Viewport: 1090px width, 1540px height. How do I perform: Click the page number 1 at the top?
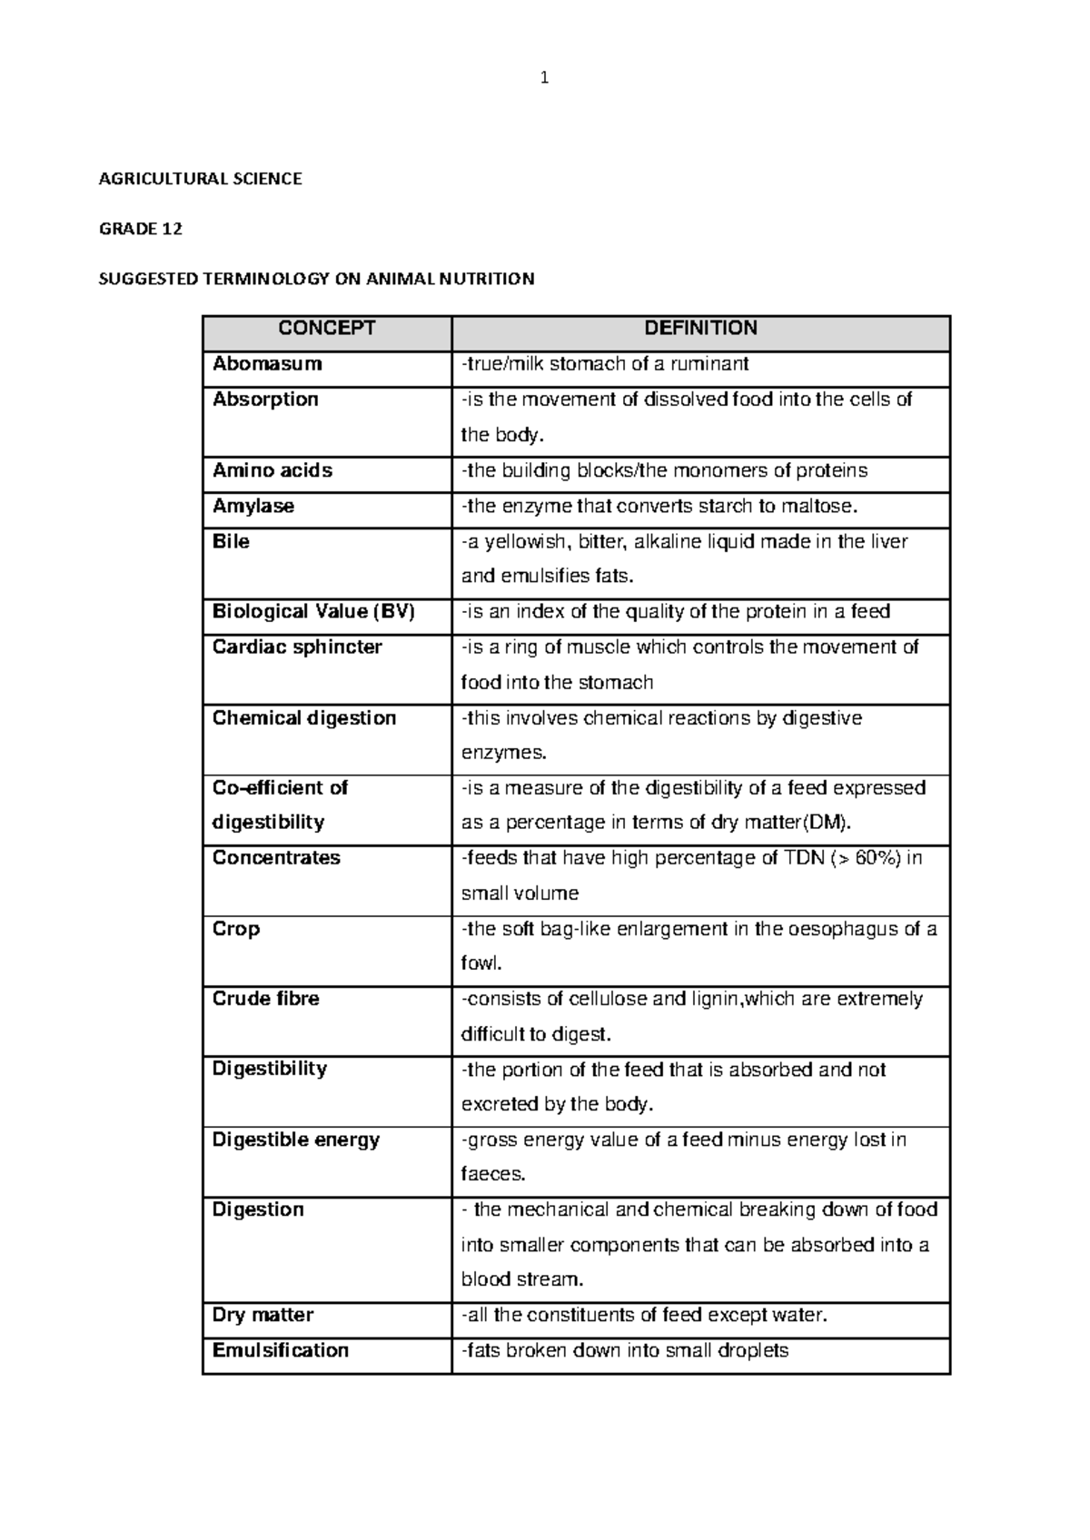544,78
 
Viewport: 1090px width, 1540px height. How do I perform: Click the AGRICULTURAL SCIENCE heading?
200,179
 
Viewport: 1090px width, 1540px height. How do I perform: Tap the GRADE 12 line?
140,229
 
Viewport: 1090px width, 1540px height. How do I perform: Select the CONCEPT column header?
327,329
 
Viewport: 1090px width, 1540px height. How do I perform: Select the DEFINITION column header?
700,329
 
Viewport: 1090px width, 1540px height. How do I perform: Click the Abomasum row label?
267,364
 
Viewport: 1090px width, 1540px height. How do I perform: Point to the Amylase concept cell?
253,506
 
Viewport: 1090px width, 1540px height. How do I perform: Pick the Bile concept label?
231,541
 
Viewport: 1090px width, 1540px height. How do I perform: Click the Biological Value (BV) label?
313,611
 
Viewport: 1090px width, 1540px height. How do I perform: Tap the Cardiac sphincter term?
297,647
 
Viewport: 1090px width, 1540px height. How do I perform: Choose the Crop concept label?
236,929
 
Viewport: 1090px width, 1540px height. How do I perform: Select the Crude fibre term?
266,999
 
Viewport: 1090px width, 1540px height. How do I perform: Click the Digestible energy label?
296,1140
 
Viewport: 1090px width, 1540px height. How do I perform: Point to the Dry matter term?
263,1315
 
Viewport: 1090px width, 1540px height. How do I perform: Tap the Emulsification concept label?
281,1350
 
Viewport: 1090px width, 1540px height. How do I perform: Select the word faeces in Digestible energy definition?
493,1174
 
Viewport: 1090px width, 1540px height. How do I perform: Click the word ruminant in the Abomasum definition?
708,364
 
